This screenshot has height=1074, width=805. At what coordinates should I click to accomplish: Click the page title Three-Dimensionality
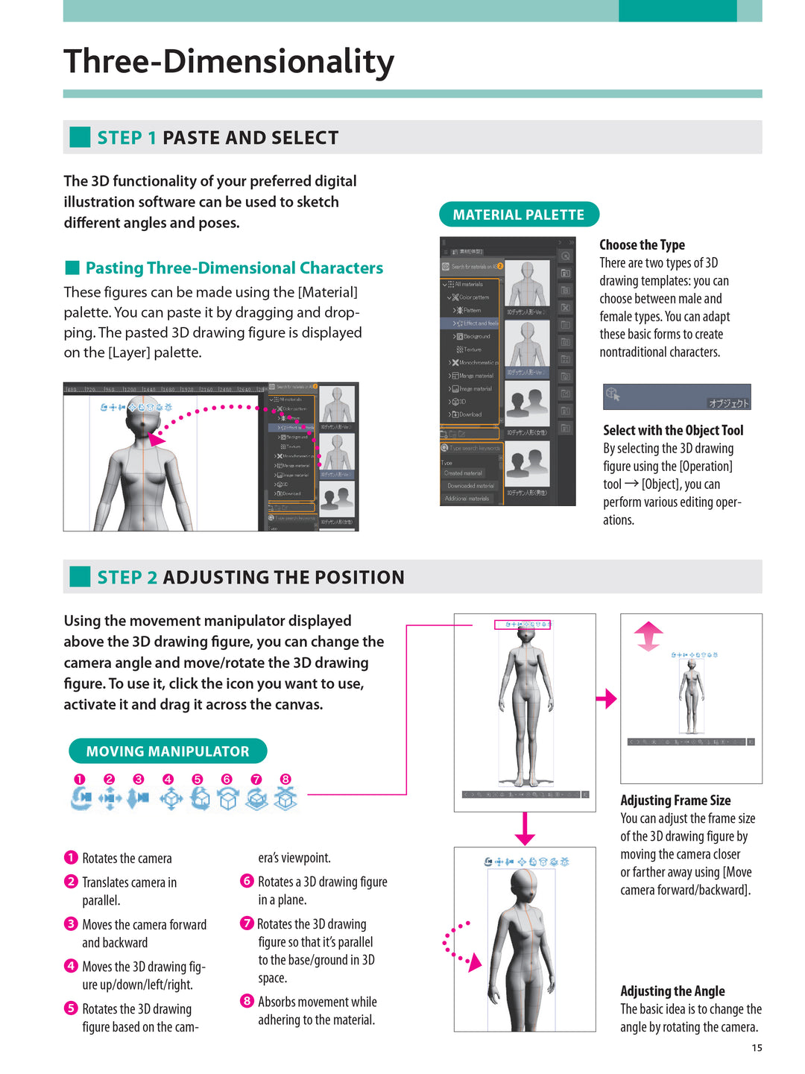pyautogui.click(x=229, y=61)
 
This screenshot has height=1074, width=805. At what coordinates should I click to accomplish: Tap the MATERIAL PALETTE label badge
pyautogui.click(x=519, y=215)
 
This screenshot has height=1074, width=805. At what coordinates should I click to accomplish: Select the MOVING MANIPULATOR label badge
pyautogui.click(x=168, y=751)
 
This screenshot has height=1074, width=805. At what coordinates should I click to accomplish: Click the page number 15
pyautogui.click(x=757, y=1048)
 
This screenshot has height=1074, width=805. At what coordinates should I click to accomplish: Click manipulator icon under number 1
pyautogui.click(x=80, y=798)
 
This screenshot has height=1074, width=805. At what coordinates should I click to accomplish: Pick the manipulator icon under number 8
pyautogui.click(x=285, y=798)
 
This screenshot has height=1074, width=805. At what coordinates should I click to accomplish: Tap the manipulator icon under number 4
pyautogui.click(x=171, y=798)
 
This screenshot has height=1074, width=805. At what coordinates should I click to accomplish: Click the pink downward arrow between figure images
pyautogui.click(x=525, y=828)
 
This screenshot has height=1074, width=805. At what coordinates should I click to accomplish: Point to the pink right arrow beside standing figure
pyautogui.click(x=607, y=698)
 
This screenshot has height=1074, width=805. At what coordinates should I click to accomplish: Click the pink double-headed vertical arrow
pyautogui.click(x=648, y=636)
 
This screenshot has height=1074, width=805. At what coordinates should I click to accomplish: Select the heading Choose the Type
pyautogui.click(x=642, y=245)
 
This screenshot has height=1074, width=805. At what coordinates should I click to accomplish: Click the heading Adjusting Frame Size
pyautogui.click(x=675, y=800)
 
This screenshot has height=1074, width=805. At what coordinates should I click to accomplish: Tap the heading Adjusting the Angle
pyautogui.click(x=672, y=991)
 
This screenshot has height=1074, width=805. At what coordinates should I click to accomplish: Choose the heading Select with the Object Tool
pyautogui.click(x=673, y=430)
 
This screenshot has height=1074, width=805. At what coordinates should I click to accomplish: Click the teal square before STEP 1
pyautogui.click(x=80, y=137)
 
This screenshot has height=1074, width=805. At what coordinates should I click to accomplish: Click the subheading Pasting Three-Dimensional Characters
pyautogui.click(x=234, y=268)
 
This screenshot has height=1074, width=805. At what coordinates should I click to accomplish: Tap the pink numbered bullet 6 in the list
pyautogui.click(x=247, y=881)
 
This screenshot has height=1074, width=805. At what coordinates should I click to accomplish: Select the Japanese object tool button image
pyautogui.click(x=677, y=397)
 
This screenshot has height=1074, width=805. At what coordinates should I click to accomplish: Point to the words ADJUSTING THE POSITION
pyautogui.click(x=283, y=578)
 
